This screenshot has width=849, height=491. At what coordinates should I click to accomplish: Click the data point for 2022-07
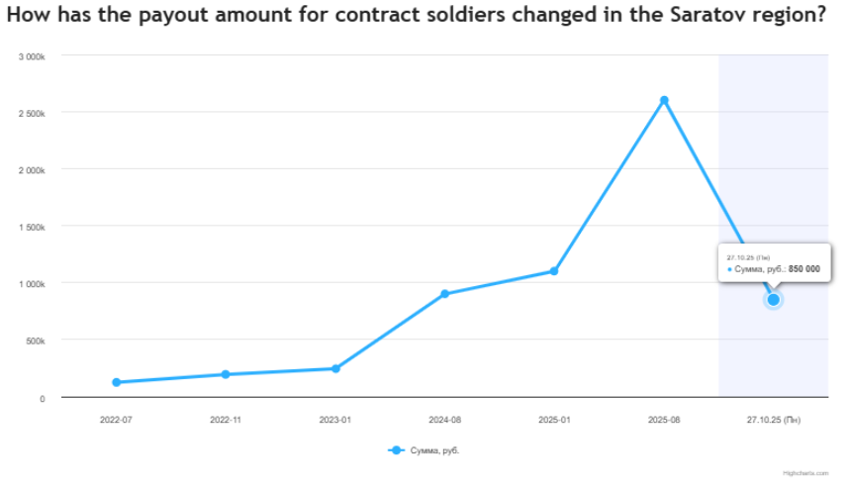(x=117, y=382)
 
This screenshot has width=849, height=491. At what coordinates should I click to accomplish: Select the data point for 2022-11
(x=226, y=374)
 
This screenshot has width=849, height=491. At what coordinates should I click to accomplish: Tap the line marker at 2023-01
(x=335, y=368)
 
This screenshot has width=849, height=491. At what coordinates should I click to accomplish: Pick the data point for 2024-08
(x=445, y=294)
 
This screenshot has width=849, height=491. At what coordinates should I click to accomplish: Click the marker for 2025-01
(x=554, y=271)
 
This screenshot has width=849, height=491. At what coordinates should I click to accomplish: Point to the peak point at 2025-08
(x=664, y=100)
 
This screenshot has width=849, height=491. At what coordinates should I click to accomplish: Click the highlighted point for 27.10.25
(x=774, y=299)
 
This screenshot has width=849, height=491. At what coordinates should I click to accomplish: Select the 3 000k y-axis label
(x=33, y=56)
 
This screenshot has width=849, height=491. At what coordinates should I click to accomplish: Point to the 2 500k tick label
(x=33, y=114)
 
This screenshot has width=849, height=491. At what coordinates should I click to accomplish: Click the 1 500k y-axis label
(x=33, y=228)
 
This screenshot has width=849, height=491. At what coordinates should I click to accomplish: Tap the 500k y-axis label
(x=36, y=342)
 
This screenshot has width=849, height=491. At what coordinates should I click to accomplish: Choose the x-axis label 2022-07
(x=116, y=420)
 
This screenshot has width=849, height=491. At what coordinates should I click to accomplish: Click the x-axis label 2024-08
(x=445, y=420)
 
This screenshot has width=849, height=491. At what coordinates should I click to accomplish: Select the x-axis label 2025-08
(x=664, y=420)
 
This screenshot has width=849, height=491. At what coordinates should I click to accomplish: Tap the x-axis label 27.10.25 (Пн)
(x=774, y=420)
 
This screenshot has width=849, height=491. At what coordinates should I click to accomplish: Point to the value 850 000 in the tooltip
(x=804, y=269)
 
